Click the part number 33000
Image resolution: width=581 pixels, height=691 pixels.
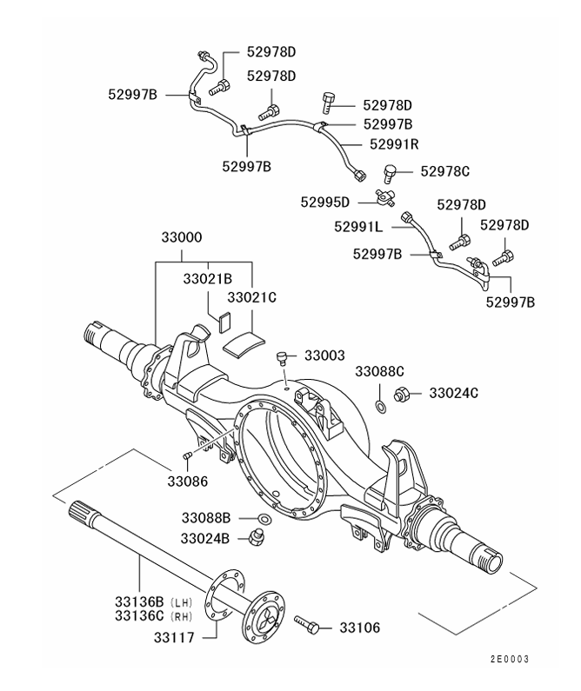pos(182,237)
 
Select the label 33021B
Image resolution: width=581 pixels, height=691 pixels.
pos(207,280)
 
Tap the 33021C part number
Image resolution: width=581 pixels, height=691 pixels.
pos(251,297)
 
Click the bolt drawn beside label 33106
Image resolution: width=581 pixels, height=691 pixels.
pos(308,624)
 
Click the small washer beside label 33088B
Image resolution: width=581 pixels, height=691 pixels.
pos(264,520)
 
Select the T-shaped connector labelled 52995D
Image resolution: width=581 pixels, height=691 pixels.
pos(384,198)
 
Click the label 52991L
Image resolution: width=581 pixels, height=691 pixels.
pos(357,228)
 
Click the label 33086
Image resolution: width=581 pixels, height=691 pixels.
pos(188,480)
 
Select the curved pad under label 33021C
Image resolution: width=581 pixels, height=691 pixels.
pos(241,338)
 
